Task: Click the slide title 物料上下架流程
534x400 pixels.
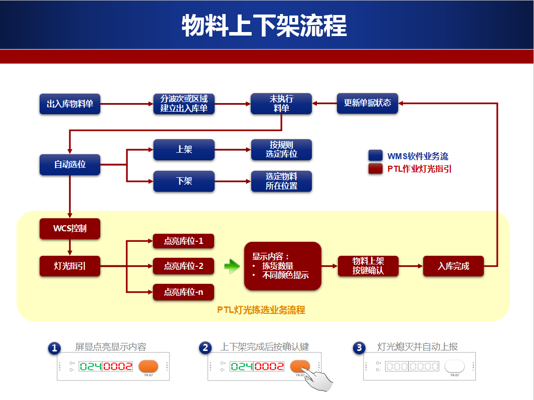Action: (x=264, y=25)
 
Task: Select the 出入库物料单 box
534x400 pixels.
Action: (x=70, y=104)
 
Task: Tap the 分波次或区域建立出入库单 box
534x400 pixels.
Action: (x=184, y=104)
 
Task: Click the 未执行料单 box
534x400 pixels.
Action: (x=281, y=104)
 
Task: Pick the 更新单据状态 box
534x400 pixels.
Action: (x=367, y=104)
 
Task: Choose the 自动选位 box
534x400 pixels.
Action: (x=70, y=164)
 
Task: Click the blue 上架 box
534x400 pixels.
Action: (x=184, y=150)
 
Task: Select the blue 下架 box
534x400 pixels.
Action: (x=184, y=181)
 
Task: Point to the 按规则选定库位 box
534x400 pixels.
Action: (x=281, y=150)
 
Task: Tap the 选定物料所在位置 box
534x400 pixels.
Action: (x=281, y=181)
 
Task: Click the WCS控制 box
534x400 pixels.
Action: (x=70, y=228)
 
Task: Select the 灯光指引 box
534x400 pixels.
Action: (x=70, y=266)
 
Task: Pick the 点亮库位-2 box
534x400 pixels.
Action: (x=184, y=266)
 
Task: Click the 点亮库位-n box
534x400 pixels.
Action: (x=184, y=292)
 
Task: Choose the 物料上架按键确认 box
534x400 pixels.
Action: (x=368, y=266)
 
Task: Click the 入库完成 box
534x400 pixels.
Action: (x=453, y=266)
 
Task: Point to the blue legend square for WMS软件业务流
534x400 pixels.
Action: (x=376, y=156)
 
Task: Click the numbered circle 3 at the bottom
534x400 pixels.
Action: (x=359, y=348)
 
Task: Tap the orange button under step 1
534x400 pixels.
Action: (x=148, y=366)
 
